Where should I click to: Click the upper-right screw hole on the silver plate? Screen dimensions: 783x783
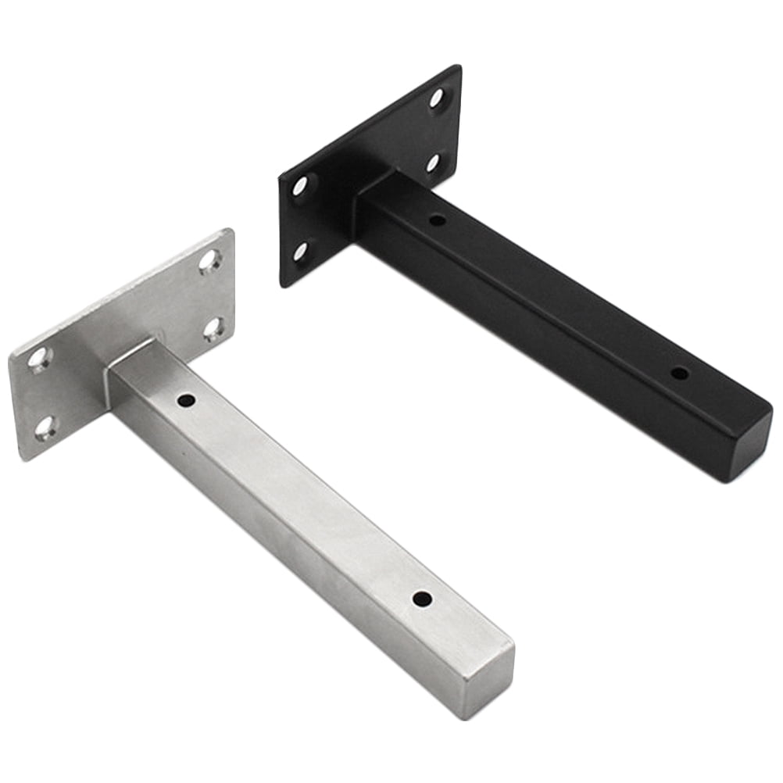209,260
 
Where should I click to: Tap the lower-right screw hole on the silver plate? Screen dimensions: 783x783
213,328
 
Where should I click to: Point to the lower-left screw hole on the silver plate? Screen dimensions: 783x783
45,427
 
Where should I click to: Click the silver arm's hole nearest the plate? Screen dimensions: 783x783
186,400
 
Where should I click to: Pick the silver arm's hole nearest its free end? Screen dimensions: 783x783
422,600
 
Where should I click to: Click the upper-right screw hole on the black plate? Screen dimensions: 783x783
436,98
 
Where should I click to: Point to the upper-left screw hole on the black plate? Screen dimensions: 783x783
300,186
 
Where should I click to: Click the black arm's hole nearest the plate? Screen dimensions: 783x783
438,220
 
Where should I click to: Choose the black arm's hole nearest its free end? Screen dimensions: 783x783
680,374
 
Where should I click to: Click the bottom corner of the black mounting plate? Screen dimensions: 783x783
284,284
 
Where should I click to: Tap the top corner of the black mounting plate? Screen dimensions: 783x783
458,66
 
